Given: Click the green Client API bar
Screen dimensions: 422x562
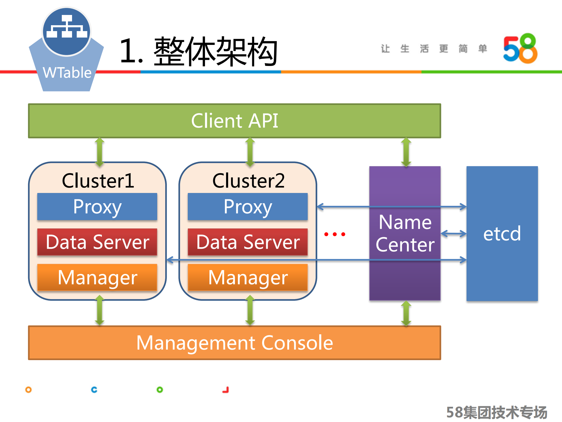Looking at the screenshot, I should pos(234,121).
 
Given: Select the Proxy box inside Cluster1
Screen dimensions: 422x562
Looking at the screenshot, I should pos(97,206).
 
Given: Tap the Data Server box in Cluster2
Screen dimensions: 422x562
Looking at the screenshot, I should pos(248,242).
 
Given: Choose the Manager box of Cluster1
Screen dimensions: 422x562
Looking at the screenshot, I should pos(97,277).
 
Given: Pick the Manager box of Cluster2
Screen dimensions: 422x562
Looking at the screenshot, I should pos(248,277).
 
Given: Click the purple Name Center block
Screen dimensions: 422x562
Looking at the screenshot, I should pos(405,233).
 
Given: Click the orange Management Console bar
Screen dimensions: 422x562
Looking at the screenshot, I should pos(234,343).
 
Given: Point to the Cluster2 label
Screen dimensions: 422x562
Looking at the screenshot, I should pos(248,180).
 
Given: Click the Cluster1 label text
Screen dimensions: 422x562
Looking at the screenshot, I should pos(98,180).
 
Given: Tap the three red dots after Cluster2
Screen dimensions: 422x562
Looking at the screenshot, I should pos(335,234).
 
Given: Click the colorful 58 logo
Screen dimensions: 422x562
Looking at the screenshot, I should pos(520,48).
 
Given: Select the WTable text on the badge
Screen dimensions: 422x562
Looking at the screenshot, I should pos(67,72).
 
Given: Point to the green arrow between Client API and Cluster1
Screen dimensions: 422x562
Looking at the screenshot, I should pos(100,152).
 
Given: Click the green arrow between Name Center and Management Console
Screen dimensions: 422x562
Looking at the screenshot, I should pos(406,313).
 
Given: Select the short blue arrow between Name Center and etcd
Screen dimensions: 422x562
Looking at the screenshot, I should pos(453,234).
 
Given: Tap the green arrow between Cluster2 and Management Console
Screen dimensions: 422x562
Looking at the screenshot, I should pos(250,310).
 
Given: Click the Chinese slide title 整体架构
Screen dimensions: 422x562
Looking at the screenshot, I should pos(215,51).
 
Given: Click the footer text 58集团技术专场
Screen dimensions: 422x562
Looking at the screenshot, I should pos(496,412).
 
